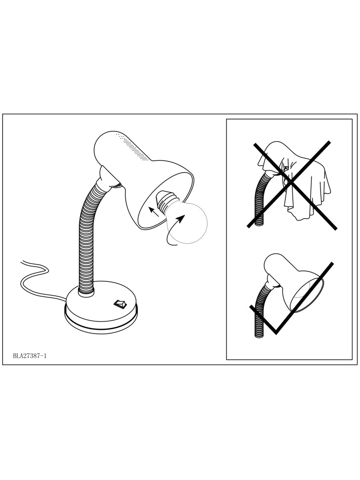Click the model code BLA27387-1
tap(30, 356)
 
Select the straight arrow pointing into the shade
tap(154, 212)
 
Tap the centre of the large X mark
tap(290, 183)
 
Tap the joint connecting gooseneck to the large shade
tap(109, 178)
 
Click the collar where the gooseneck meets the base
tap(86, 294)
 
